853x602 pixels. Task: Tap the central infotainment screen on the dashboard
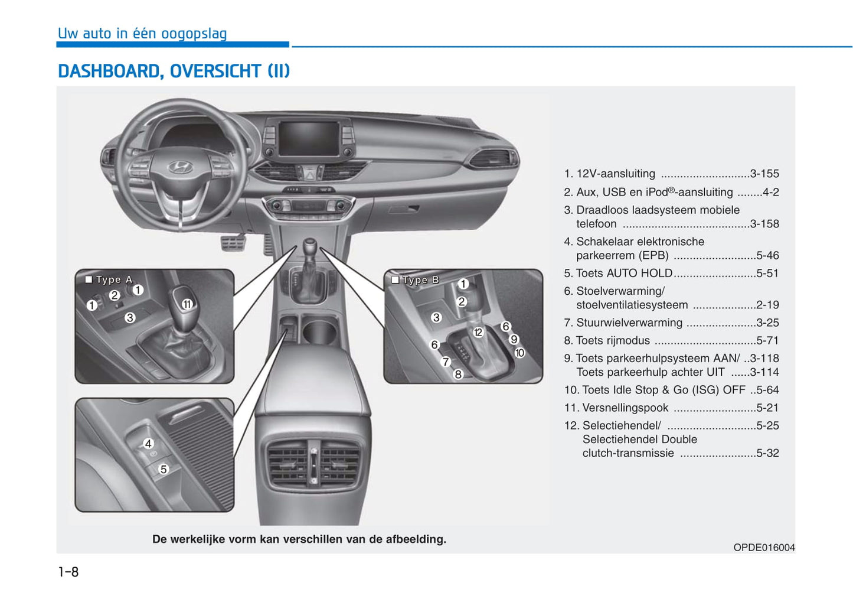tap(309, 138)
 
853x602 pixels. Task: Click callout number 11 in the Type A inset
tap(187, 304)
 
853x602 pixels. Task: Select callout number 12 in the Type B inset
tap(478, 333)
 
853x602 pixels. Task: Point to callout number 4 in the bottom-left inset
tap(148, 444)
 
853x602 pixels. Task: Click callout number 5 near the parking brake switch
tap(164, 469)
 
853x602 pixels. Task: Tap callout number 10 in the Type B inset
tap(519, 353)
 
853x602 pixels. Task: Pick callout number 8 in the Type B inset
tap(457, 375)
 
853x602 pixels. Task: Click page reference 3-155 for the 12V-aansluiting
tap(764, 174)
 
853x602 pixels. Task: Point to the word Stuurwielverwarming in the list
tap(629, 323)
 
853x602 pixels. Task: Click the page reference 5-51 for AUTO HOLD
tap(767, 273)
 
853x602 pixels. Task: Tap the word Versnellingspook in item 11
tap(625, 408)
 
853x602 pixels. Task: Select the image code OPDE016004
tap(764, 548)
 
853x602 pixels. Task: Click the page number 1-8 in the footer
tap(68, 572)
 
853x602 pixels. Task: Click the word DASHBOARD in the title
tap(109, 71)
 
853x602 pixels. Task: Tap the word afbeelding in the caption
tap(416, 539)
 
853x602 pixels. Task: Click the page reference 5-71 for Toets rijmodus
tap(767, 340)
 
